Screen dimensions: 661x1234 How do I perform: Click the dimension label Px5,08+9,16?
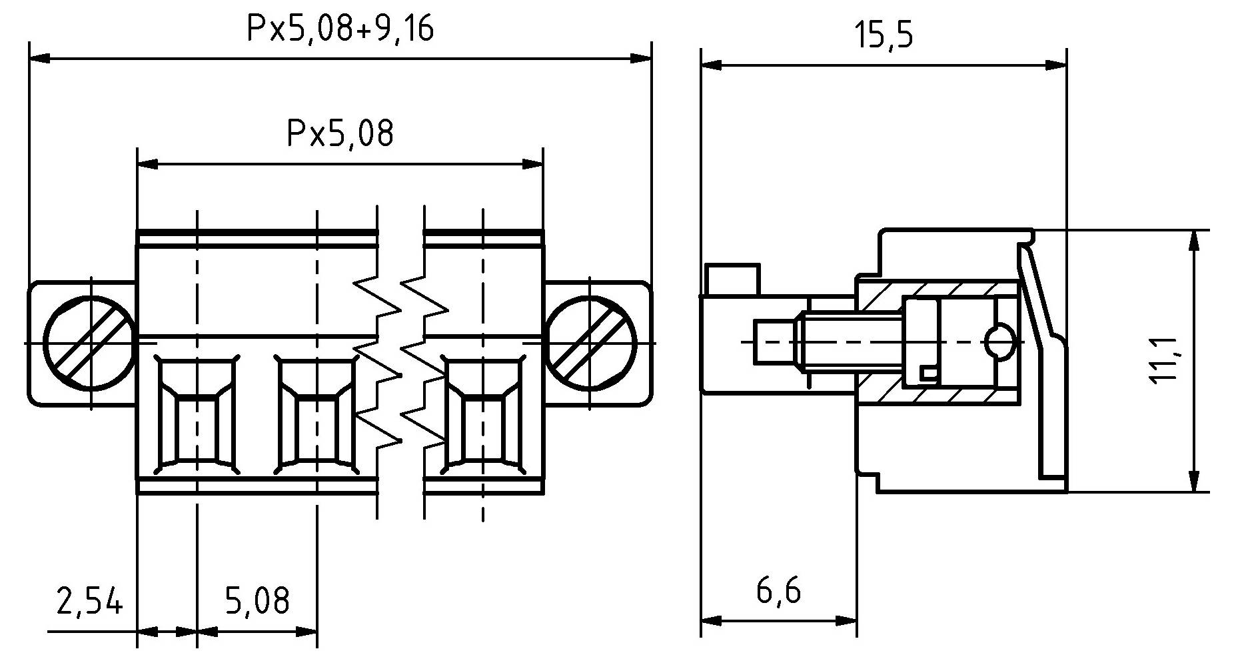[340, 30]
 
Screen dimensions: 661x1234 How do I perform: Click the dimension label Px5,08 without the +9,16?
[340, 133]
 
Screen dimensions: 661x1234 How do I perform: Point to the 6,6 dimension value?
[778, 590]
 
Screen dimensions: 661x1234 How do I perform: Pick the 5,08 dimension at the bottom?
[257, 600]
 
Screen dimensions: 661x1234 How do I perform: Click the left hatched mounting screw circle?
[89, 343]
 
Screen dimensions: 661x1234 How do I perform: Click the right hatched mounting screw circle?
[590, 343]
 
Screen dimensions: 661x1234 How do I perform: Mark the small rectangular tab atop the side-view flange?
[732, 279]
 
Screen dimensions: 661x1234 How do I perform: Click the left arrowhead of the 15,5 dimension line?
[711, 65]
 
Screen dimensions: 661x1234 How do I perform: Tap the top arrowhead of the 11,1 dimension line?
[1192, 241]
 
